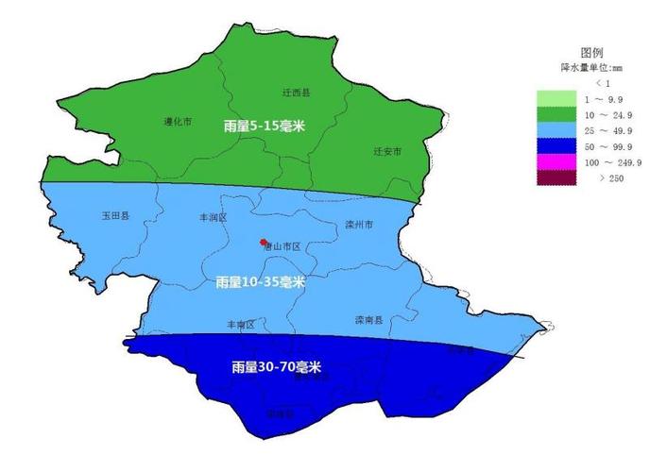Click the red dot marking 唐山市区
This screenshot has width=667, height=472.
coord(263,243)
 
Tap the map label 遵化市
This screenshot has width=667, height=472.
coord(178,121)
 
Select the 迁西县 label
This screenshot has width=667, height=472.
coord(297,93)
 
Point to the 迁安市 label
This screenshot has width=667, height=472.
coord(387,151)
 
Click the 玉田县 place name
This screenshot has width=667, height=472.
coord(115,215)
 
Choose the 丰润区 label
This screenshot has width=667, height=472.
coord(213,216)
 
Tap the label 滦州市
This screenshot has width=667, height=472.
coord(359,225)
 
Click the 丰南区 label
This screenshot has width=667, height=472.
coord(241,324)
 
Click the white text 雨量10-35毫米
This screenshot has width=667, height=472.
coord(260,281)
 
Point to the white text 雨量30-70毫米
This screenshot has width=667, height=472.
coord(275,367)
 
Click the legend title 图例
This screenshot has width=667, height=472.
coord(591,53)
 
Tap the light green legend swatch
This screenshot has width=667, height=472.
coord(556,98)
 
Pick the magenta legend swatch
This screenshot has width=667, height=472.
coord(556,162)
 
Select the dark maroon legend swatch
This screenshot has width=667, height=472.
coord(556,178)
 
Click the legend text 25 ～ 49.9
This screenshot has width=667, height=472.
coord(610,130)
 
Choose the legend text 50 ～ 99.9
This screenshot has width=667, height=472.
coord(610,146)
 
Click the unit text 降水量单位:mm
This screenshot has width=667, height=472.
coord(592,68)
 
